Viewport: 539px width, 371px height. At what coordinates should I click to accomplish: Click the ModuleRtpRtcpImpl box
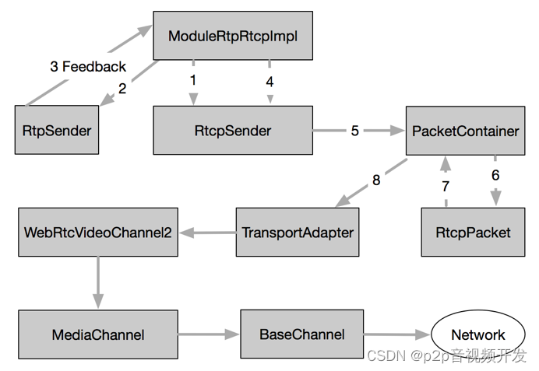tap(233, 35)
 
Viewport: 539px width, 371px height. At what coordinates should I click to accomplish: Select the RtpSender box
tap(57, 130)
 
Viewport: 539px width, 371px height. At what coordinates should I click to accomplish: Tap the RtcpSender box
tap(232, 130)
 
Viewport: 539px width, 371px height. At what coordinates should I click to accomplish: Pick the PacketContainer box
tap(465, 131)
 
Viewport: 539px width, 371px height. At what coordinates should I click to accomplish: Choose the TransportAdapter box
tap(298, 232)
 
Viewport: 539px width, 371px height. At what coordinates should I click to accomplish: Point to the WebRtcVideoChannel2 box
tap(97, 232)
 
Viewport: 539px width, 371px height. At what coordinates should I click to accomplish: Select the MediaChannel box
tap(97, 334)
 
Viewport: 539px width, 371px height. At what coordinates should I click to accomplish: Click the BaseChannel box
tap(301, 334)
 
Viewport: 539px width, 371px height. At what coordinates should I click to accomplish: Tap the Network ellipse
tap(478, 334)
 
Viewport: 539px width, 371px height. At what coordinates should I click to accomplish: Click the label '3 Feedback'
tap(87, 67)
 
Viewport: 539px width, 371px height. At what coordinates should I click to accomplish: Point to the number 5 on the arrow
tap(354, 131)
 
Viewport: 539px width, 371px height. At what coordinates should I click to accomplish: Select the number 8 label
tap(376, 180)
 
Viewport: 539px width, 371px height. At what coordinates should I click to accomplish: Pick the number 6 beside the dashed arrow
tap(495, 175)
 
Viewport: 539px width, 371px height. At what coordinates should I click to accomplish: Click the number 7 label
tap(446, 186)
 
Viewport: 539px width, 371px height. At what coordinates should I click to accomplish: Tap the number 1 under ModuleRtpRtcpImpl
tap(193, 79)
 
